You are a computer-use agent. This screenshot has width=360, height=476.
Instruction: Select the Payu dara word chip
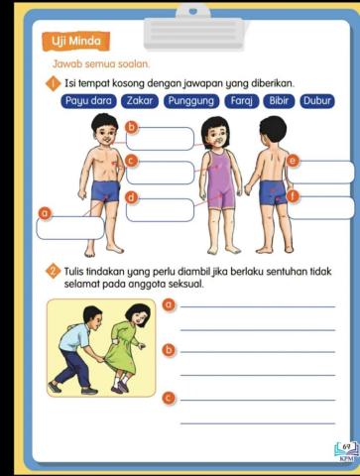[x=91, y=101]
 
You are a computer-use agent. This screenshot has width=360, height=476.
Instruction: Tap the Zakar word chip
[x=142, y=101]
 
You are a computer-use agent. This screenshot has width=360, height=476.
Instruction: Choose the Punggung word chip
[x=192, y=101]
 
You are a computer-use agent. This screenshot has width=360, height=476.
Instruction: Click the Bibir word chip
[x=279, y=101]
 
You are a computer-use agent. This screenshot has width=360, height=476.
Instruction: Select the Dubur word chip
[x=317, y=101]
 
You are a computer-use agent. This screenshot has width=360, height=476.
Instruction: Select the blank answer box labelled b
[x=161, y=139]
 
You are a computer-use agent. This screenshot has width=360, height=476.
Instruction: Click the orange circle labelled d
[x=131, y=197]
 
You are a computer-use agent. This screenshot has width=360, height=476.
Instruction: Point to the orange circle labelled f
[x=292, y=194]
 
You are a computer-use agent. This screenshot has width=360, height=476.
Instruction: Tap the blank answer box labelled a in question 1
[x=70, y=227]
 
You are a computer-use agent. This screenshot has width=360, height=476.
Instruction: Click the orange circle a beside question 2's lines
[x=169, y=304]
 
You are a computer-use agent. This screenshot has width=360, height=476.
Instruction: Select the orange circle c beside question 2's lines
[x=169, y=397]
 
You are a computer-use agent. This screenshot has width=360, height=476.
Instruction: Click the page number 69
[x=346, y=447]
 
